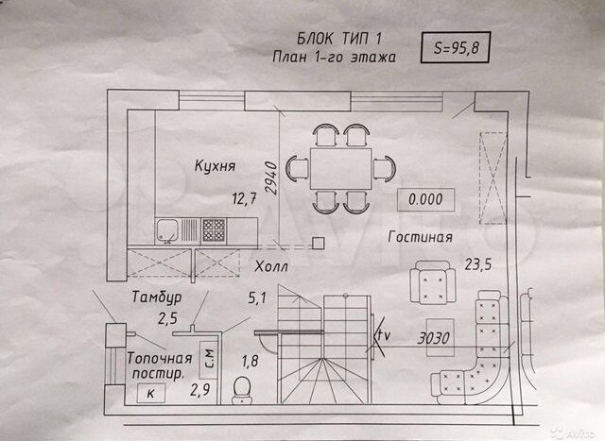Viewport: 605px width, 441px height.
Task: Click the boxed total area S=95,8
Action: point(456,48)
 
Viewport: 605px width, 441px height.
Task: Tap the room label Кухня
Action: point(215,166)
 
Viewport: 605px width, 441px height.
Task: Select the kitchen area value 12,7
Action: point(244,198)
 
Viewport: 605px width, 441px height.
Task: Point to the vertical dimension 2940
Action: point(271,178)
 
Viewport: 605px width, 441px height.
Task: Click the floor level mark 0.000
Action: point(425,199)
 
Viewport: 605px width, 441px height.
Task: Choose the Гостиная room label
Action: point(420,237)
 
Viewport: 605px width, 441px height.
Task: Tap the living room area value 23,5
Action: point(478,264)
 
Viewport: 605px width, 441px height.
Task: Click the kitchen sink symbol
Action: point(167,230)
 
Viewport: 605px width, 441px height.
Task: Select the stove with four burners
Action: point(214,229)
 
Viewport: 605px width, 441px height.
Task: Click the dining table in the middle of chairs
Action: point(341,168)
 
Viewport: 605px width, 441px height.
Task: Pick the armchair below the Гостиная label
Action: point(433,282)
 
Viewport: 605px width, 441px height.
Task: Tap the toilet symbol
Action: point(242,390)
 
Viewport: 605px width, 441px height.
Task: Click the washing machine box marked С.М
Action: point(209,360)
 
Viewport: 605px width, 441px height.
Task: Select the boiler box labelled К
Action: point(151,393)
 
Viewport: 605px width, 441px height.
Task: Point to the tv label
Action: point(383,335)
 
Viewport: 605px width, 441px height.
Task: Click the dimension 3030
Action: point(433,338)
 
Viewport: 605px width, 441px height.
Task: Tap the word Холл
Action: point(271,266)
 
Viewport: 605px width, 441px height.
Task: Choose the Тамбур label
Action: point(157,297)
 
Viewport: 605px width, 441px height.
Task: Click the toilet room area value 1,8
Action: point(250,361)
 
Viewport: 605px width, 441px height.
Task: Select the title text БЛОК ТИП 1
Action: point(339,38)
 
